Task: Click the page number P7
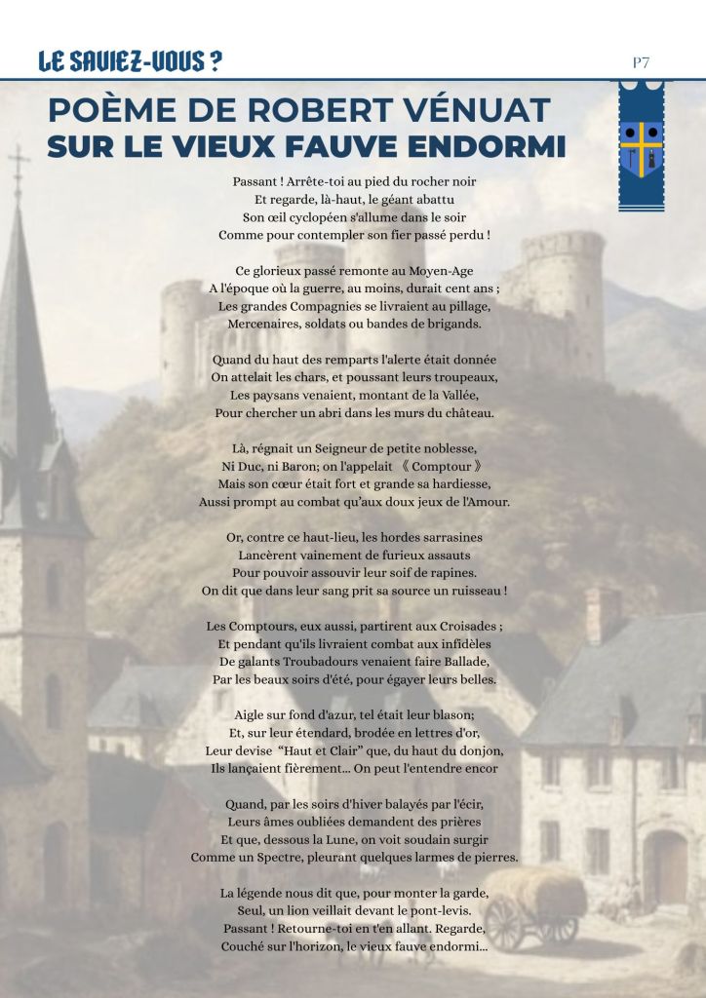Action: click(x=641, y=62)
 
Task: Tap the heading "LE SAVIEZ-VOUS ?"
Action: click(x=129, y=62)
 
